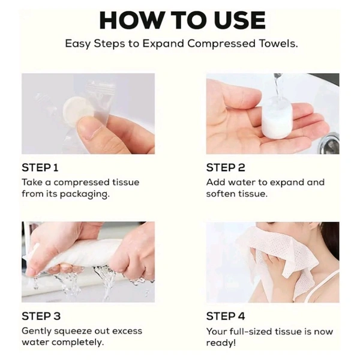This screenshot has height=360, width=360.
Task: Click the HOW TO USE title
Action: (182, 20)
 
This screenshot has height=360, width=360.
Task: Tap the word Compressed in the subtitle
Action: (221, 43)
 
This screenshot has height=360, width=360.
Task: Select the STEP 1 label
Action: (40, 167)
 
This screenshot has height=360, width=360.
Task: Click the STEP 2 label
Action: (226, 167)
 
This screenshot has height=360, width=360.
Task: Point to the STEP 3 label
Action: (41, 316)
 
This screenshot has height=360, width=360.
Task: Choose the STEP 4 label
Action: (226, 316)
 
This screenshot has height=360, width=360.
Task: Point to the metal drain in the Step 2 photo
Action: (330, 143)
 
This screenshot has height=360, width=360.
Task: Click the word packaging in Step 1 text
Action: (85, 194)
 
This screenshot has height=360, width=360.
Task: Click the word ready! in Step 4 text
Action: (221, 343)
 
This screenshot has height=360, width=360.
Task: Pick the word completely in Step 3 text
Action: (78, 343)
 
